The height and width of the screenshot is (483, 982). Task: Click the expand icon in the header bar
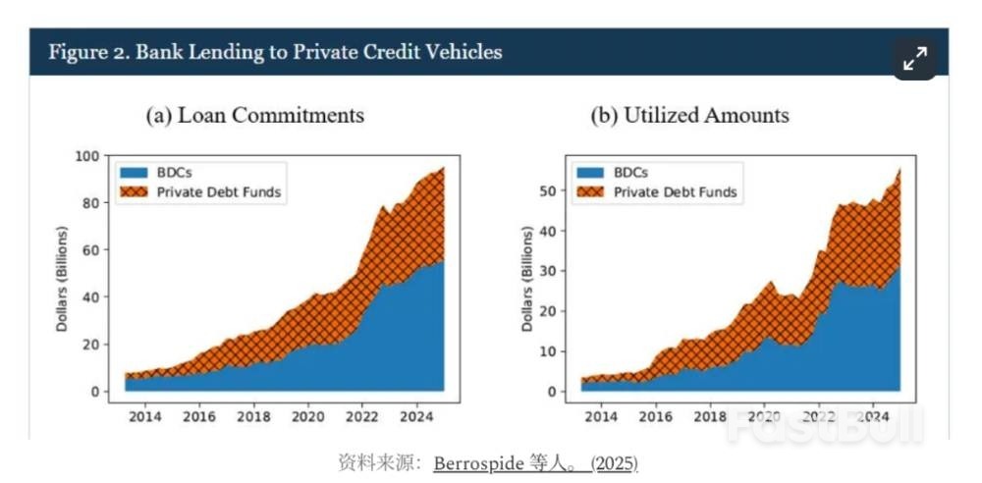click(915, 58)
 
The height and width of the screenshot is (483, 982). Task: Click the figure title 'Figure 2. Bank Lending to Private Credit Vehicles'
click(275, 52)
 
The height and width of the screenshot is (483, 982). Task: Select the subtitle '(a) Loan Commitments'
click(255, 115)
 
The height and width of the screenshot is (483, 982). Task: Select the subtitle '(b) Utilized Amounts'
click(689, 115)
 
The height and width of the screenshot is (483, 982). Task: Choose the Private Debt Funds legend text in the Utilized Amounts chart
click(675, 192)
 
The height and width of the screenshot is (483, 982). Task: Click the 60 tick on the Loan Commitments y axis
click(92, 250)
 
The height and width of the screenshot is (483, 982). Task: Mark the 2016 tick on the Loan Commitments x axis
click(200, 415)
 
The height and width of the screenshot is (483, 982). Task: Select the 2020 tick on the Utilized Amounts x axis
click(764, 415)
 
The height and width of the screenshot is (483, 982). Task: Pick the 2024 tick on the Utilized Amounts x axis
click(873, 415)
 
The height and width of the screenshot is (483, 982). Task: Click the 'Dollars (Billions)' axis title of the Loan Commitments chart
click(62, 278)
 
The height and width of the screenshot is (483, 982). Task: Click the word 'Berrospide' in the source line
click(474, 461)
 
